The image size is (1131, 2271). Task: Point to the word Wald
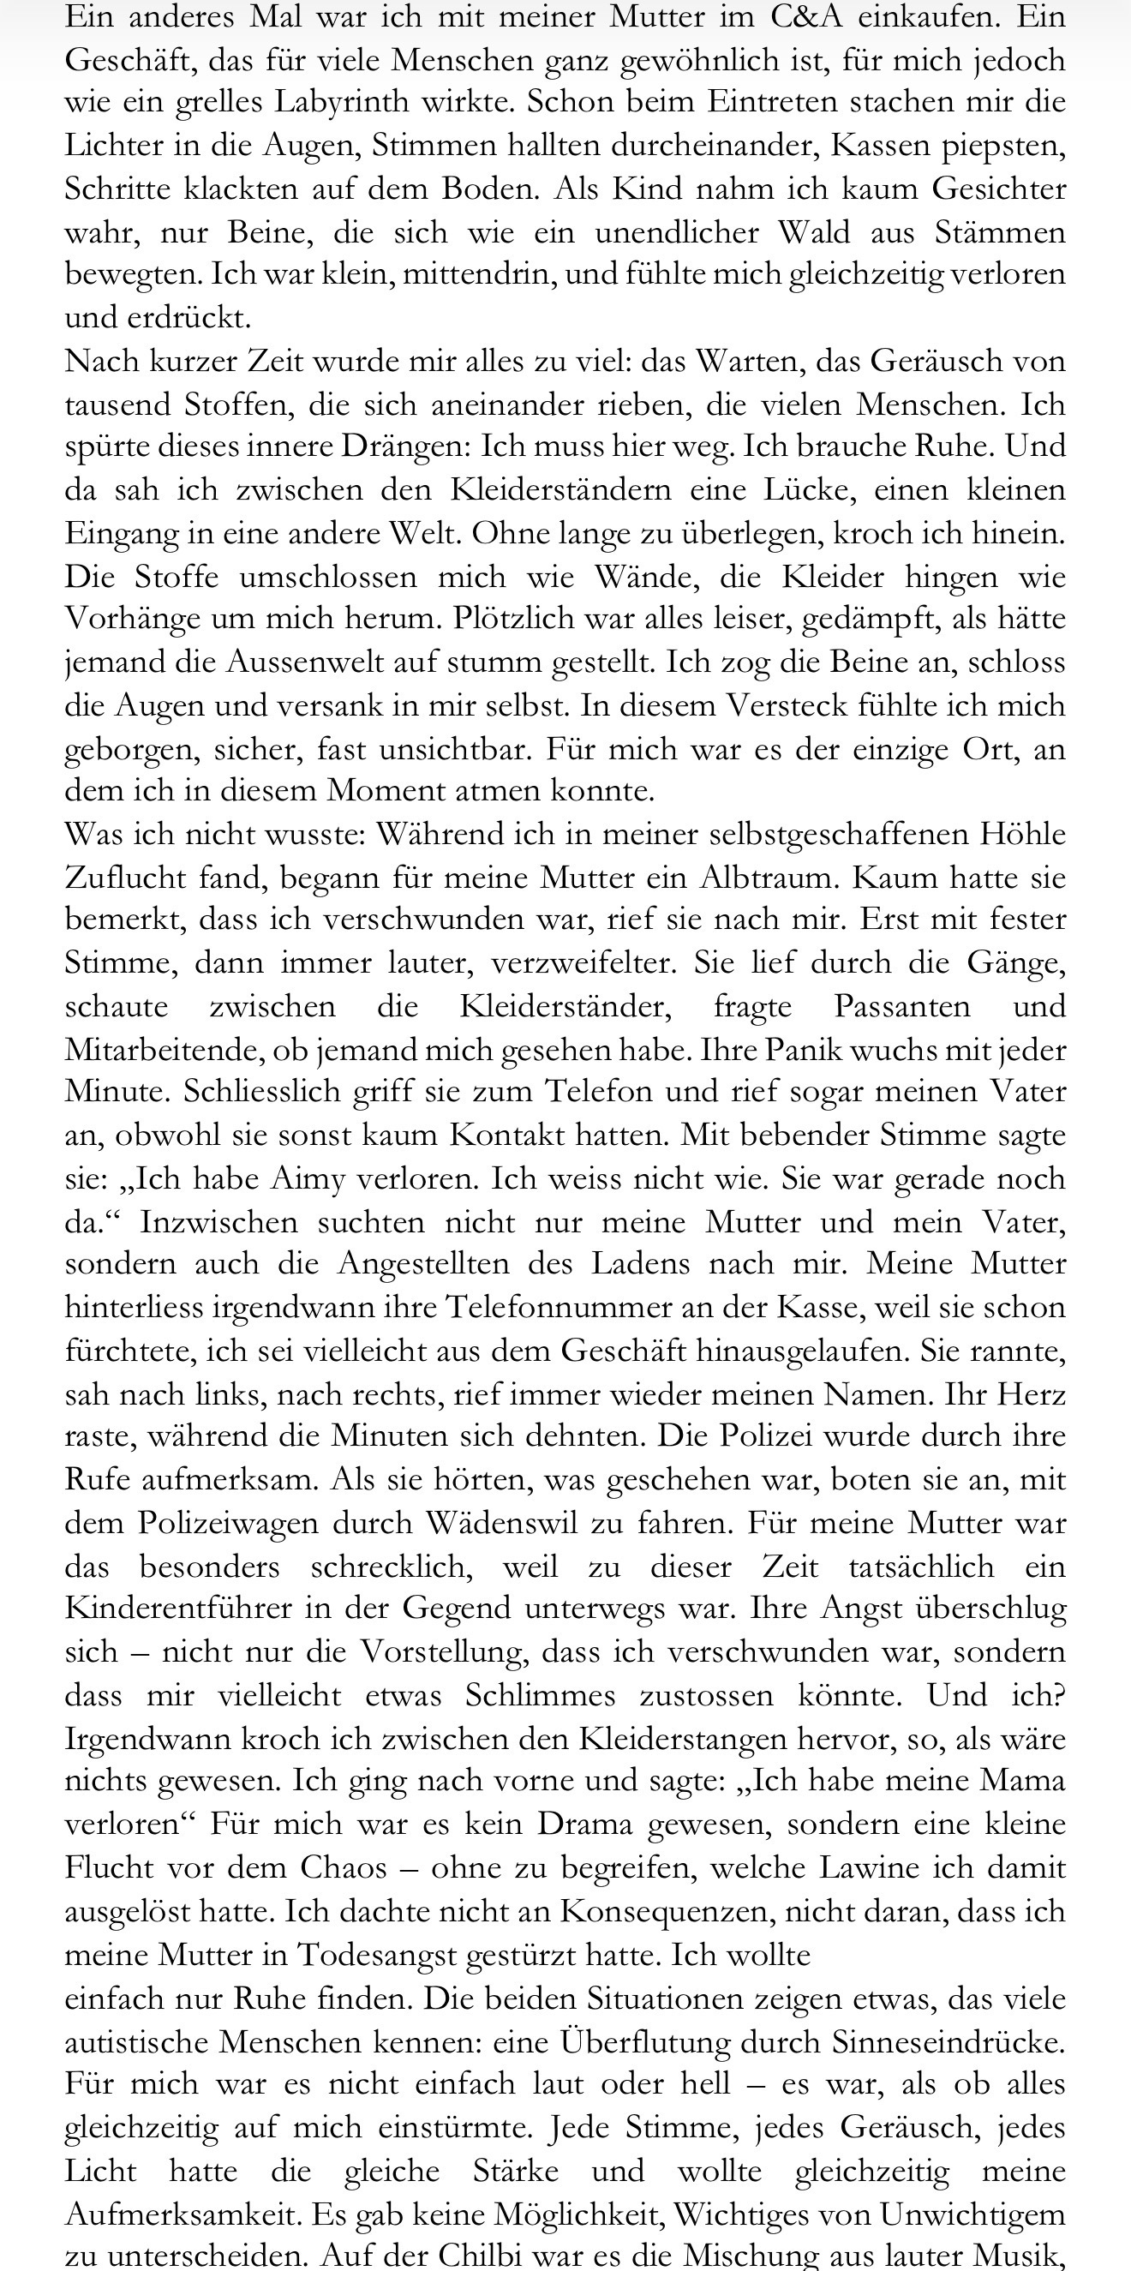[x=814, y=232]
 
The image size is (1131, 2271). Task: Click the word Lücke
[x=800, y=490]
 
